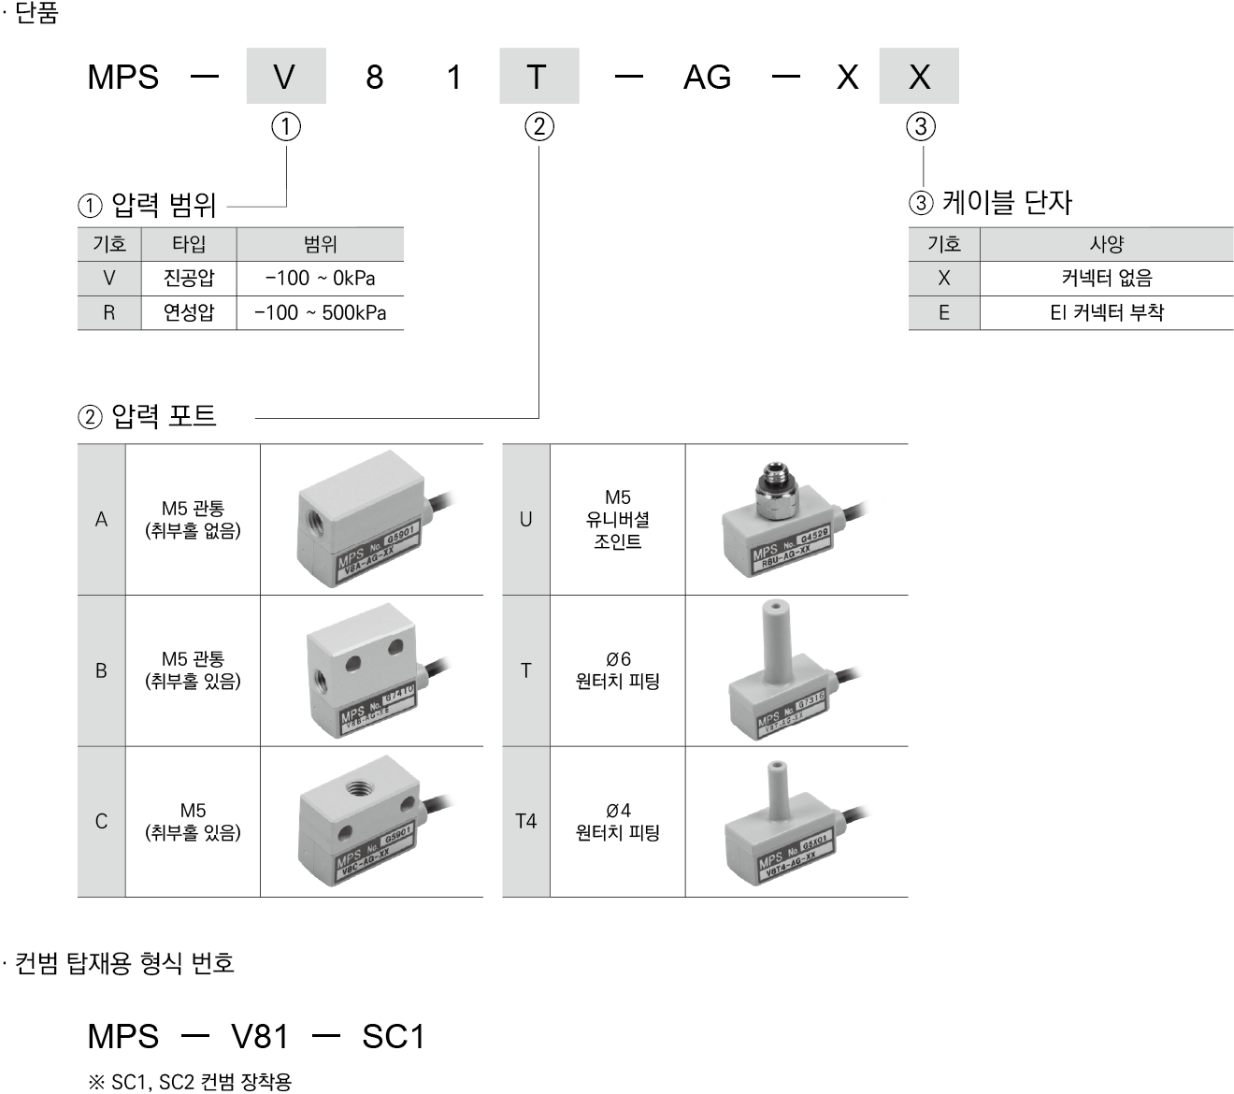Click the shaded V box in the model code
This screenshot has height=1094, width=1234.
point(285,77)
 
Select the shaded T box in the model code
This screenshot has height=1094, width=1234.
point(538,77)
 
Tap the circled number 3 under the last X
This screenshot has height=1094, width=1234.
point(921,126)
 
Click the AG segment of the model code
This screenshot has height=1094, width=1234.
point(707,77)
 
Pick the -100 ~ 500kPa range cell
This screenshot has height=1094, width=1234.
point(320,312)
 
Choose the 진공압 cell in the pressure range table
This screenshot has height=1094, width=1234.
point(188,278)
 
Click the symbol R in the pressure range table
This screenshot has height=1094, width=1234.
point(108,312)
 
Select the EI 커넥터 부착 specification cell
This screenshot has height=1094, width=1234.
point(1106,312)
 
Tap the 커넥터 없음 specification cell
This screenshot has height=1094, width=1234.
point(1106,278)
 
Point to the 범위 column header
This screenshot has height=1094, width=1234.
point(320,244)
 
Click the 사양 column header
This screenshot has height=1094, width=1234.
point(1106,244)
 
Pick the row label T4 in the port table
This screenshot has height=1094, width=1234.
point(525,821)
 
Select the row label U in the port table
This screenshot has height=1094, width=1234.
point(525,519)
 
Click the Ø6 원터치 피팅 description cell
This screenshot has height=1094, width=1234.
point(617,670)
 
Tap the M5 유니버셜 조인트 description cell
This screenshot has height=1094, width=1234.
point(617,519)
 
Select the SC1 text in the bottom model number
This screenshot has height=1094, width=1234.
point(393,1036)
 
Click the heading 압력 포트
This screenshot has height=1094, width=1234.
point(164,415)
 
